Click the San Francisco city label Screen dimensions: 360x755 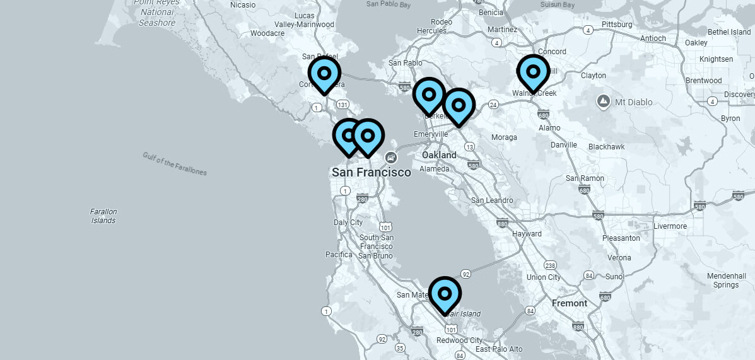point(371,172)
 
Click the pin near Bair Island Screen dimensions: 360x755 point(445,294)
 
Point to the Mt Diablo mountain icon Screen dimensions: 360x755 point(604,101)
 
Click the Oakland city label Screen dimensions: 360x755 point(439,155)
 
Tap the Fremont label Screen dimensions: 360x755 point(570,303)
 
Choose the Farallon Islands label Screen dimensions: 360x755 point(103,216)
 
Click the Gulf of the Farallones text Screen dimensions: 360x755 point(175,164)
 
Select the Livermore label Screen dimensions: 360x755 point(670,226)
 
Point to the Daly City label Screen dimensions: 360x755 point(348,223)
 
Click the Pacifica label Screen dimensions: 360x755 point(339,255)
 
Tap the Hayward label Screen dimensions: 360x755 point(527,234)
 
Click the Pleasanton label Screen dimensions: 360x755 point(621,238)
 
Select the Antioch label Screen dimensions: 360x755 point(653,38)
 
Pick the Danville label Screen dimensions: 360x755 point(563,144)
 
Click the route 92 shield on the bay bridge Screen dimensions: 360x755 point(466,274)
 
